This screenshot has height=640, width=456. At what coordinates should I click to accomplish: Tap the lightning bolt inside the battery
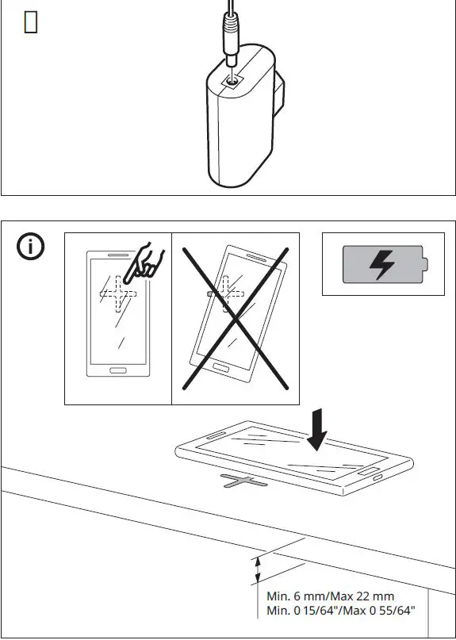pos(382,265)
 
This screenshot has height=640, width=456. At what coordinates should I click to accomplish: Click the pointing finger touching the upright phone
pos(148,262)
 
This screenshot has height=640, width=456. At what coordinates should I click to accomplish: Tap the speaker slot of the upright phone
pos(117,255)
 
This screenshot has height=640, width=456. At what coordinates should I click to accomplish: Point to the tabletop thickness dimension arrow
pos(256,569)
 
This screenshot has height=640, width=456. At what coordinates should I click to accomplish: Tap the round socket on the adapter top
pos(232,79)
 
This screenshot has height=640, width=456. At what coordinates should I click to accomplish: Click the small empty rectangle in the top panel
pos(31,23)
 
